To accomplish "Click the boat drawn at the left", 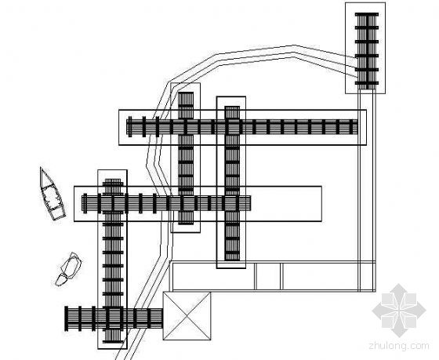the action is pyautogui.click(x=52, y=195).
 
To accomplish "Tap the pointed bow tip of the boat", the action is pyautogui.click(x=41, y=168).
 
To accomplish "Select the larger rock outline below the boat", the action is pyautogui.click(x=71, y=265).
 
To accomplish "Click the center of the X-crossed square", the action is pyautogui.click(x=187, y=316).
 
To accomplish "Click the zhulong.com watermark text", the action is pyautogui.click(x=399, y=346).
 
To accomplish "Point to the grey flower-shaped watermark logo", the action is pyautogui.click(x=399, y=311).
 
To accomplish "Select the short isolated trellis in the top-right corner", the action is pyautogui.click(x=367, y=50).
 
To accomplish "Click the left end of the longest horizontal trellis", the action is pyautogui.click(x=127, y=127).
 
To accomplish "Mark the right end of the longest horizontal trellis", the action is pyautogui.click(x=357, y=127).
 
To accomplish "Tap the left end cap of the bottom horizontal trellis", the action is pyautogui.click(x=67, y=318).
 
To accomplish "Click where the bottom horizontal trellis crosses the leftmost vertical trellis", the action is pyautogui.click(x=113, y=318).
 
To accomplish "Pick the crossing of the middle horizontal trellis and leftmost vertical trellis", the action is pyautogui.click(x=113, y=203).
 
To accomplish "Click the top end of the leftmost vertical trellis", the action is pyautogui.click(x=113, y=180).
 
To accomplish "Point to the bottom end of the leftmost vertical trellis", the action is pyautogui.click(x=113, y=341).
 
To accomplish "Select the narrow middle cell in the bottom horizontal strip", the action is pyautogui.click(x=268, y=276).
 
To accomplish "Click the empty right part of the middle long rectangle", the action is pyautogui.click(x=285, y=204).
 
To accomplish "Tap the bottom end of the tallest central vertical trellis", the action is pyautogui.click(x=232, y=259).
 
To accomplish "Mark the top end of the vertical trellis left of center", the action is pyautogui.click(x=186, y=93).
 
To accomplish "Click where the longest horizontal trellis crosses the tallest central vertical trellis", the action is pyautogui.click(x=232, y=127).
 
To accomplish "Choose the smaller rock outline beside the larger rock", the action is pyautogui.click(x=61, y=280).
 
